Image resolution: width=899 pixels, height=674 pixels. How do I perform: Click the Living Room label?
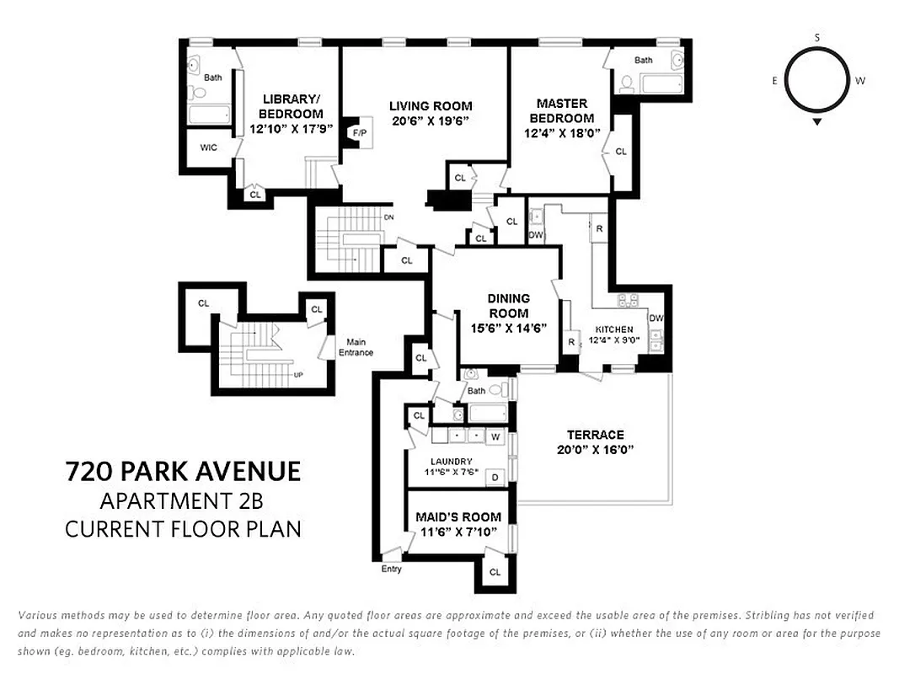(x=430, y=106)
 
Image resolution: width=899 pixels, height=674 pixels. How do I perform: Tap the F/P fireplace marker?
(x=360, y=133)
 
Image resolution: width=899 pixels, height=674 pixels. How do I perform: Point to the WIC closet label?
(x=209, y=147)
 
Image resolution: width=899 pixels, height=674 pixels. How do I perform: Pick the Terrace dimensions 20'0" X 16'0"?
(x=595, y=450)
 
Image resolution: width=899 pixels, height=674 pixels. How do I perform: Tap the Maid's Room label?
(x=458, y=516)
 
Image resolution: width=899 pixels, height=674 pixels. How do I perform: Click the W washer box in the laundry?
(x=495, y=437)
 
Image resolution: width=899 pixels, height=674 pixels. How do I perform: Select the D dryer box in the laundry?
(x=495, y=478)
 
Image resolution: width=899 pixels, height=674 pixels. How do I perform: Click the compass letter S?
(x=817, y=37)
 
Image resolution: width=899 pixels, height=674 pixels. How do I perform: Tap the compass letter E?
(x=774, y=81)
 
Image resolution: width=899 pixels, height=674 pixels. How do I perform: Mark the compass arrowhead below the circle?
(x=817, y=122)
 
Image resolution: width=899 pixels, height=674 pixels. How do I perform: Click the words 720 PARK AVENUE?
(x=183, y=471)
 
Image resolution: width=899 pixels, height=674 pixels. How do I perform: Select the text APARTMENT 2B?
(x=181, y=501)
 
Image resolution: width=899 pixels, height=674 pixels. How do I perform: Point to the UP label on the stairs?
(x=298, y=375)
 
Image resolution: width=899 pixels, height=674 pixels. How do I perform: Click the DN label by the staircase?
(x=388, y=217)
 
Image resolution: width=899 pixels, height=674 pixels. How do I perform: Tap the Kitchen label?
(x=614, y=329)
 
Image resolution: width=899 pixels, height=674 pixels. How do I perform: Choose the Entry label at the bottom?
(x=391, y=569)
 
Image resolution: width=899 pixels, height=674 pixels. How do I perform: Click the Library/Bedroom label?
(x=291, y=106)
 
